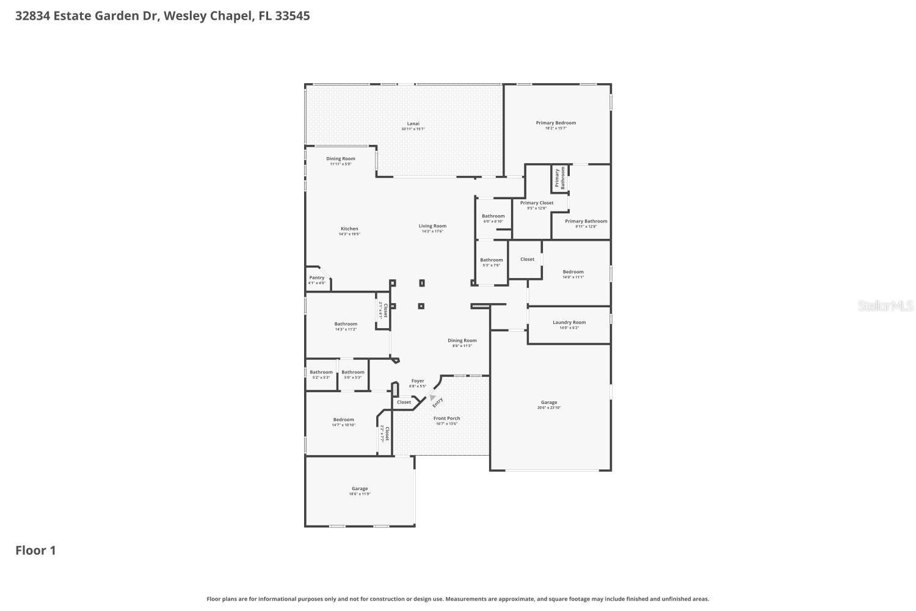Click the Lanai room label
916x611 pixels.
point(413,123)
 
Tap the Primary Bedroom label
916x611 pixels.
point(556,123)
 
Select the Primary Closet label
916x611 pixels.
point(537,203)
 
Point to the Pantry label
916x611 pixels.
point(317,277)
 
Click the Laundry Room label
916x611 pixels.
point(569,323)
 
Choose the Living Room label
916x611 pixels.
point(432,226)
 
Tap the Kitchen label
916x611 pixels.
point(349,229)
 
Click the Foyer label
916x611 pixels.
point(418,381)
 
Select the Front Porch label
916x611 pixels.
point(446,419)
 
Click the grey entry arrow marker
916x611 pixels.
point(432,397)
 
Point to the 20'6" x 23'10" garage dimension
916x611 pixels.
point(549,408)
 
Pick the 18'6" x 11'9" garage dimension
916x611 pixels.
point(360,494)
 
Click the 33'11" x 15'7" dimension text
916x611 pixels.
point(413,129)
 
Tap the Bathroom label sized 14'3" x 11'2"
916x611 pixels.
point(346,324)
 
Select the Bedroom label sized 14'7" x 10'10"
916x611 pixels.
point(343,420)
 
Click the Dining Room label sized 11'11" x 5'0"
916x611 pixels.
point(341,159)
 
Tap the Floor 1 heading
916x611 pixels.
point(35,551)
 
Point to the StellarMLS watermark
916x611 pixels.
point(885,305)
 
